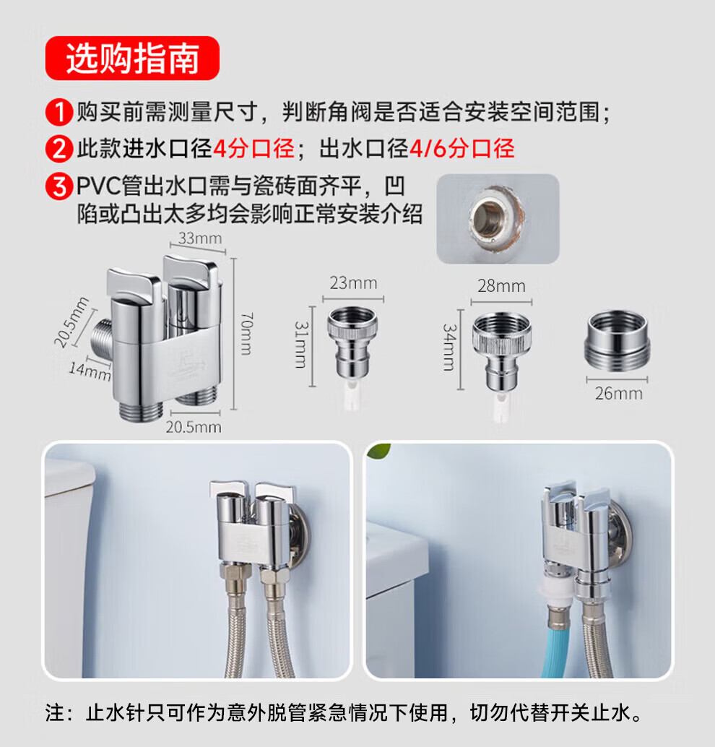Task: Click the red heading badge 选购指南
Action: pyautogui.click(x=132, y=58)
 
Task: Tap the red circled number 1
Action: pyautogui.click(x=59, y=113)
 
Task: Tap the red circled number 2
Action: pyautogui.click(x=59, y=149)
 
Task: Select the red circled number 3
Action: pyautogui.click(x=59, y=186)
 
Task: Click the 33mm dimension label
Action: pyautogui.click(x=200, y=238)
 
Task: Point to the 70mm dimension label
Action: pyautogui.click(x=247, y=334)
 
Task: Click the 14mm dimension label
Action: pyautogui.click(x=90, y=371)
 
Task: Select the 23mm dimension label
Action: pyautogui.click(x=353, y=283)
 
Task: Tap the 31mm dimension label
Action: pyautogui.click(x=301, y=345)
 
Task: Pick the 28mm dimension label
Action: pyautogui.click(x=502, y=286)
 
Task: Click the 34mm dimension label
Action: pyautogui.click(x=449, y=347)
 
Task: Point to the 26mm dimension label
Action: pyautogui.click(x=619, y=394)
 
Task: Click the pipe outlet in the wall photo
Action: pyautogui.click(x=495, y=219)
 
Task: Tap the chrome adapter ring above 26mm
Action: pyautogui.click(x=617, y=340)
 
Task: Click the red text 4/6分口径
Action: pyautogui.click(x=462, y=149)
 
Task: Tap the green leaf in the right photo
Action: pyautogui.click(x=379, y=451)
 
